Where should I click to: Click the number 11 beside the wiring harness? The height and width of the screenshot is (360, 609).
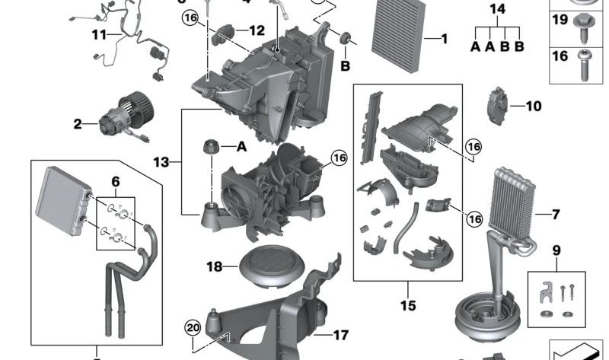100,35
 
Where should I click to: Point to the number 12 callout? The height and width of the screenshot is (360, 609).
256,31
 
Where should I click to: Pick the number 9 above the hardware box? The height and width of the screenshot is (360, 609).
556,249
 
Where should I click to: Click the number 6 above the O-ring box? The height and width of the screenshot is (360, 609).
115,182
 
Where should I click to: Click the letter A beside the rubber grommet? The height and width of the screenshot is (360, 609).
242,146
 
